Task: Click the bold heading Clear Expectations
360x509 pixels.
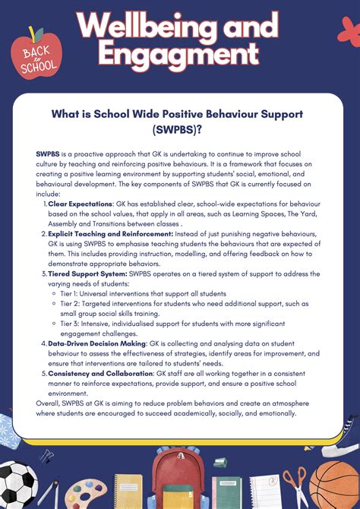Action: [x=81, y=204]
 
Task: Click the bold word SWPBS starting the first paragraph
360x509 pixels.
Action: [x=49, y=154]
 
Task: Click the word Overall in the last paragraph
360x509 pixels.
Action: [x=50, y=403]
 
